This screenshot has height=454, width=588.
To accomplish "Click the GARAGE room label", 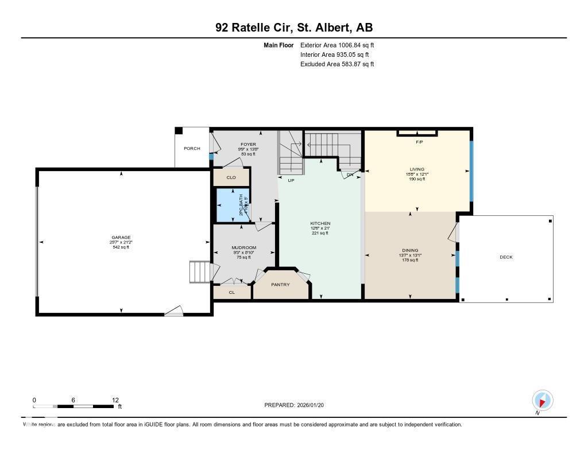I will tap(121, 238).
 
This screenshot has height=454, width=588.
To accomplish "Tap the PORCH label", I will tap(192, 149).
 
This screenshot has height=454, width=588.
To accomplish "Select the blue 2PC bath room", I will tap(233, 205).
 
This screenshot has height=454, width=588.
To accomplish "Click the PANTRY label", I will tap(281, 285).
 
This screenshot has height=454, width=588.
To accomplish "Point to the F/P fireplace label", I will tap(419, 142).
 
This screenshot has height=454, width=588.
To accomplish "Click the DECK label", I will tap(506, 257).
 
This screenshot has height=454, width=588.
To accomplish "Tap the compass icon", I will tap(542, 400).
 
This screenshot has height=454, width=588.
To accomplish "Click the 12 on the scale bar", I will tap(115, 400).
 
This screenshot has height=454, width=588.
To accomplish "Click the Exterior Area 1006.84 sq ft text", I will tap(337, 45).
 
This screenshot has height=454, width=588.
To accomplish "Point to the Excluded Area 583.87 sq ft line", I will tap(337, 64).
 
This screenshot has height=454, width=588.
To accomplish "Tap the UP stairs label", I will tap(291, 180).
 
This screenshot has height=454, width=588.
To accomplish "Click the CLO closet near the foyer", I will tap(231, 177).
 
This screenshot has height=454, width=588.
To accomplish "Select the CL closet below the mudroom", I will tap(232, 292).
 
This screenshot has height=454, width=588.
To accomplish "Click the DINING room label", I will tap(410, 250).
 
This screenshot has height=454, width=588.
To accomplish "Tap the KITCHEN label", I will tap(320, 223).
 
